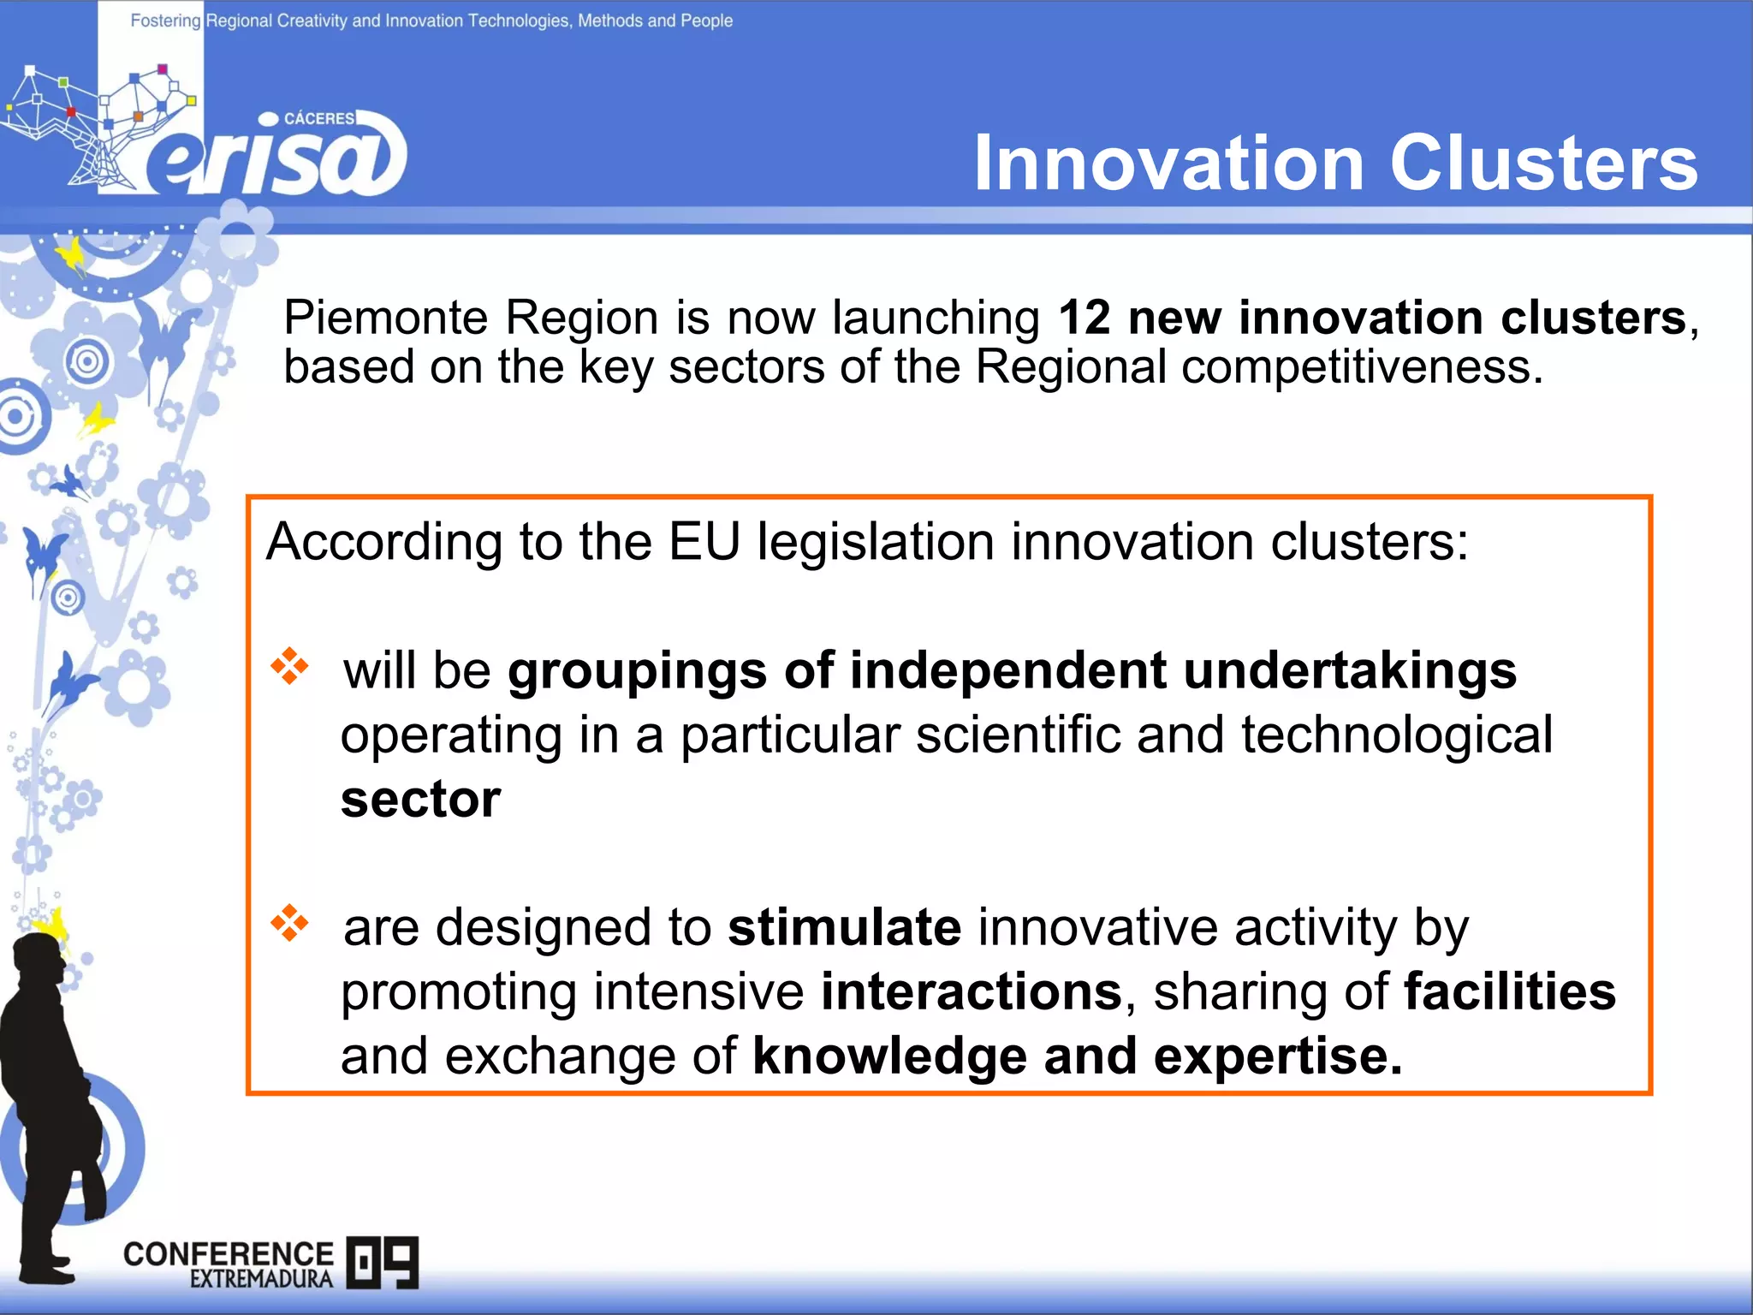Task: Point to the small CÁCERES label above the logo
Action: coord(318,118)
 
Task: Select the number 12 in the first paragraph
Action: coord(1084,318)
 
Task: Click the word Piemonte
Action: coord(385,318)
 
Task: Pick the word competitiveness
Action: coord(1361,368)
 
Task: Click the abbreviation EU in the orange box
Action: coord(704,542)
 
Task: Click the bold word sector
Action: coord(420,800)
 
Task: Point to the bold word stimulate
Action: coord(844,927)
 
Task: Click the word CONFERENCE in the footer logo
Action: coord(228,1254)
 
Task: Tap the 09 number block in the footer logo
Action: coord(383,1262)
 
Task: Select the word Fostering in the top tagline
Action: coord(165,21)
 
